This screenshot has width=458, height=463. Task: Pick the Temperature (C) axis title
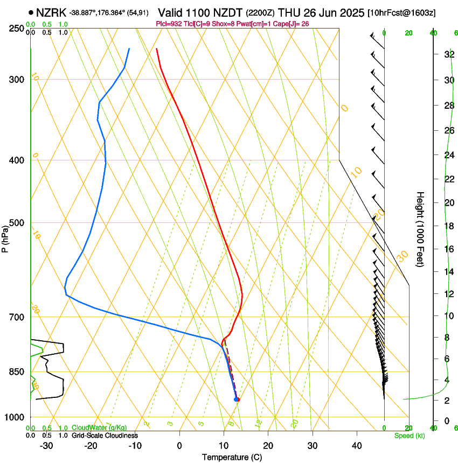[x=232, y=457]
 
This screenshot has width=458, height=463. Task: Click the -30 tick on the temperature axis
[x=46, y=446]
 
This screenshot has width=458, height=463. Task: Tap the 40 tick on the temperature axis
[x=357, y=446]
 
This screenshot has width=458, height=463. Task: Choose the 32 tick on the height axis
[x=448, y=54]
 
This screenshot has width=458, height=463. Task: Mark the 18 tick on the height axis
[x=448, y=226]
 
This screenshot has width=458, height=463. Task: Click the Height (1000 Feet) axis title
[x=420, y=229]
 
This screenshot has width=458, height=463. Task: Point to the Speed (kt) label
[x=409, y=436]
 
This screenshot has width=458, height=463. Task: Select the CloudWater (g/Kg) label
[x=99, y=428]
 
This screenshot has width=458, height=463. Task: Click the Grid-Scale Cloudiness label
[x=105, y=436]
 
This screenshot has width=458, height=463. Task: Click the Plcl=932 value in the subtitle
[x=167, y=24]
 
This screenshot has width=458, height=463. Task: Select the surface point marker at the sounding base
[x=236, y=399]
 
